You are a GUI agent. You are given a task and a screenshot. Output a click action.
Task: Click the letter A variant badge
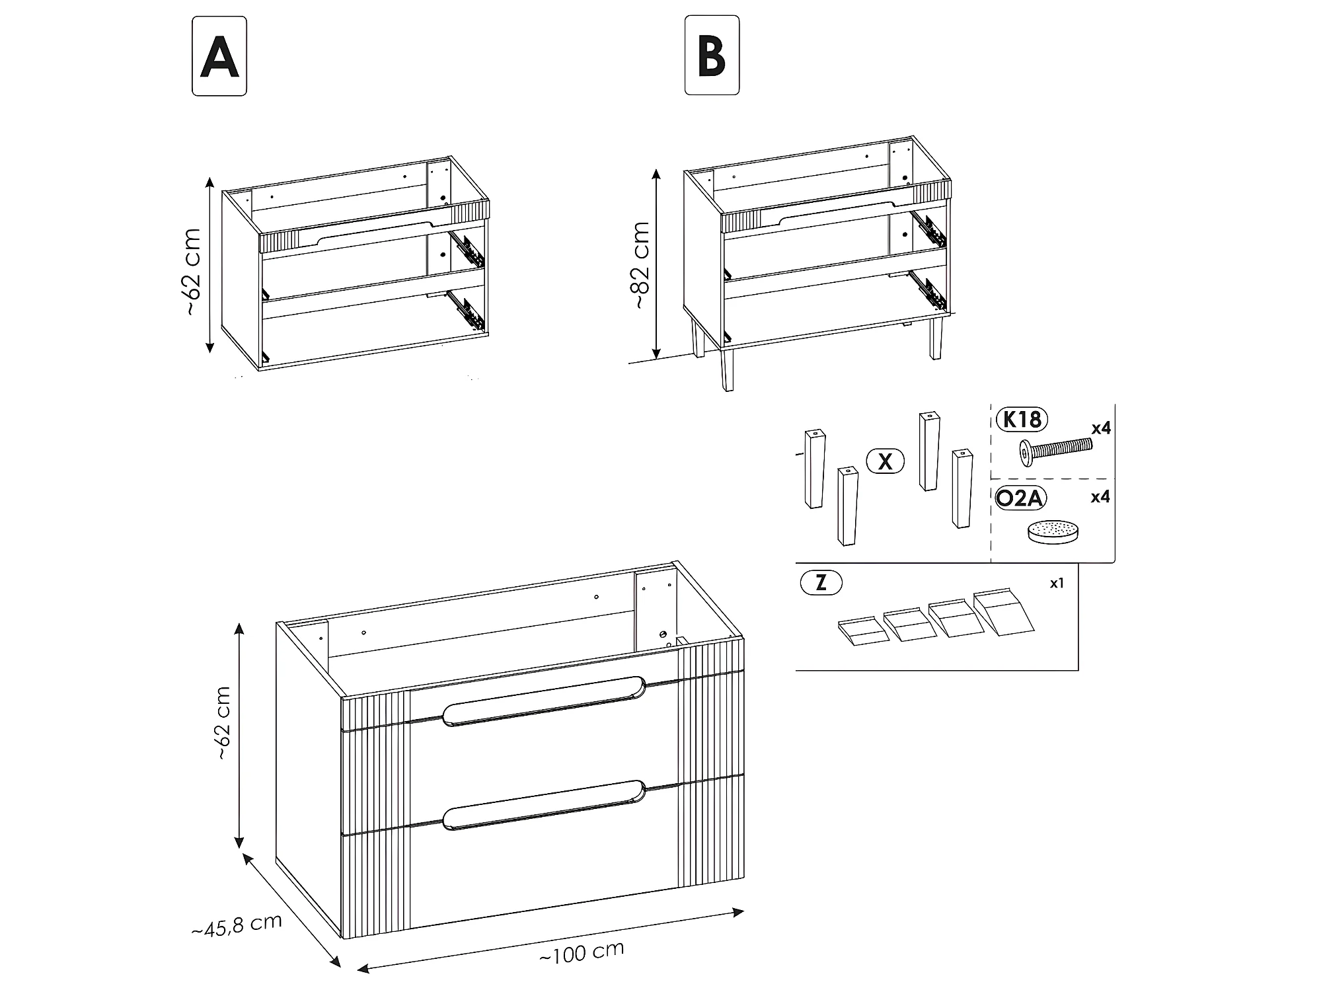(219, 56)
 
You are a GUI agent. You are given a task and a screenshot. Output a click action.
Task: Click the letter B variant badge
(712, 56)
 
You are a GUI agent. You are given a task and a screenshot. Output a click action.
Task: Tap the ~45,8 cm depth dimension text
(237, 925)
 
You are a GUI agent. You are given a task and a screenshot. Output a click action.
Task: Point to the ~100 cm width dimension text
(582, 952)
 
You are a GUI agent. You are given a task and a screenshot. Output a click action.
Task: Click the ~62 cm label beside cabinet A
(192, 271)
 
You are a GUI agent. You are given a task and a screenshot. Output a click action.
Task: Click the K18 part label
(1022, 420)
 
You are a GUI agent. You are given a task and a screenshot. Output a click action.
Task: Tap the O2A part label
(1021, 498)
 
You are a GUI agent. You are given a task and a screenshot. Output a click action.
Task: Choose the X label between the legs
(886, 461)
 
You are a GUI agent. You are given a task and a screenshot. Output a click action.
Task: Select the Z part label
(821, 583)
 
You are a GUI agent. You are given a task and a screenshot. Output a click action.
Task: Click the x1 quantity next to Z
(1057, 583)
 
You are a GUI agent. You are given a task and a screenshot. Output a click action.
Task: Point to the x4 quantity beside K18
(1101, 428)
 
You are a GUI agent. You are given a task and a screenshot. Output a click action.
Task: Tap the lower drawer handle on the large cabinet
(544, 804)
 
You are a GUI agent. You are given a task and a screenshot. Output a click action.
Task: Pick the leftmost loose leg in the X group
(815, 469)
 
